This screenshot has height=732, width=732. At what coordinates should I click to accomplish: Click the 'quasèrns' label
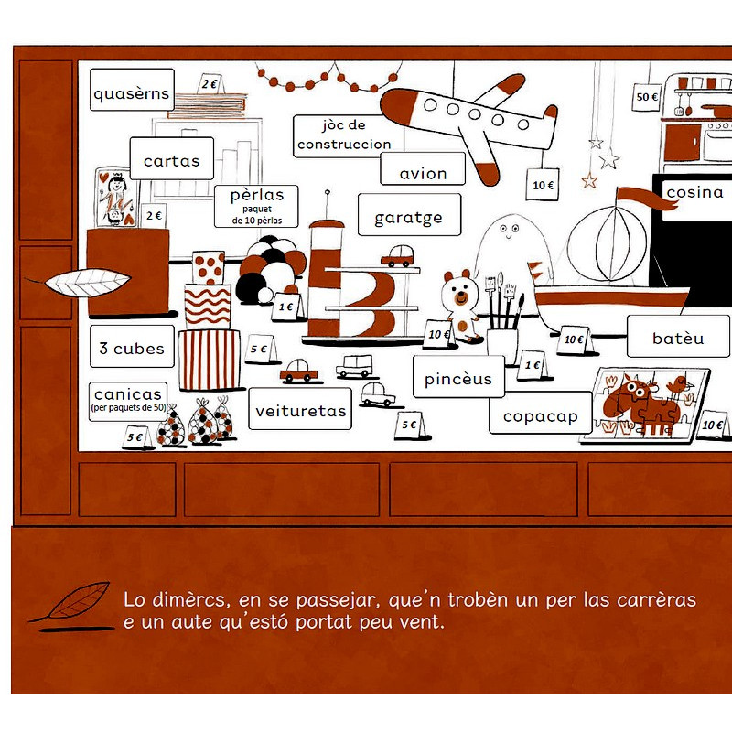(132, 90)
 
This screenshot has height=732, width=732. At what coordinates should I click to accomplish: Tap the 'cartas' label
(172, 158)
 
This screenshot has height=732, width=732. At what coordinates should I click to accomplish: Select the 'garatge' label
(409, 215)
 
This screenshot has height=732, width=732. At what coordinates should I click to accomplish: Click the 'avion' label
(423, 169)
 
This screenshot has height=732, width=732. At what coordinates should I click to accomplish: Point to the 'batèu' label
(678, 336)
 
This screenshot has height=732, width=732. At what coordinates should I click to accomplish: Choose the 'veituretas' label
(300, 408)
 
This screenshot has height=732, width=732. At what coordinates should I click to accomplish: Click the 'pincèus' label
(459, 377)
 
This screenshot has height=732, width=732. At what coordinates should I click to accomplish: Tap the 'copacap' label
(541, 413)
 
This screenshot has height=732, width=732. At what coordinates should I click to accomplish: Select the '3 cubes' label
(132, 347)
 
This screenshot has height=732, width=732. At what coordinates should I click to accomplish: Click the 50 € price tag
(647, 97)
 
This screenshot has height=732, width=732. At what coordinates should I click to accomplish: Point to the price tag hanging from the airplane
(543, 185)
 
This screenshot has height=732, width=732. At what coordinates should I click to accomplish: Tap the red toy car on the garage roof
(397, 256)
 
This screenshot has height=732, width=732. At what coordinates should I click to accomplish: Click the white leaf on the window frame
(87, 283)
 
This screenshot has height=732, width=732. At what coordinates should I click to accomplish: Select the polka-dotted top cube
(209, 267)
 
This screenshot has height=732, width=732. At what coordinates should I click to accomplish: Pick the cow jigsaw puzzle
(645, 404)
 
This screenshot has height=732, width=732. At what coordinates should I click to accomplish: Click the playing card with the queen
(115, 198)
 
